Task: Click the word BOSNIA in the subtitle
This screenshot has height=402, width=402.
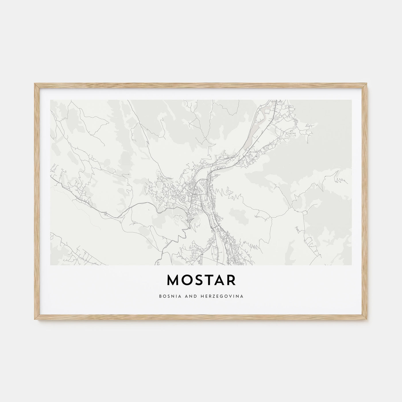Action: (167, 296)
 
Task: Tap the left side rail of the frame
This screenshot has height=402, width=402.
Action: (36, 201)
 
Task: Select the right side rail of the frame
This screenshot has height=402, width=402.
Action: (366, 201)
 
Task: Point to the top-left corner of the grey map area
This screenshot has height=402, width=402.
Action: (51, 100)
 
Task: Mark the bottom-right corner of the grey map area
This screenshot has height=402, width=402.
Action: (351, 264)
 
